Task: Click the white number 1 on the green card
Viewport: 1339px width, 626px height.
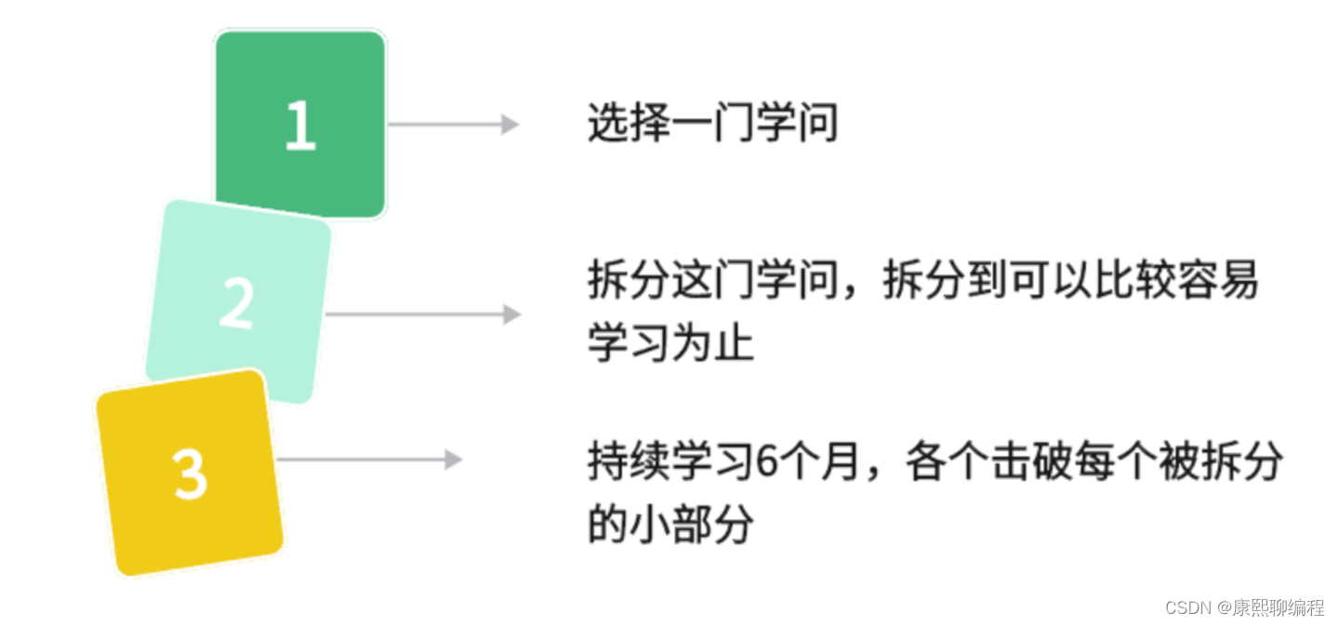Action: (299, 126)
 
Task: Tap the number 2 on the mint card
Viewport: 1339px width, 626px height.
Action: (236, 303)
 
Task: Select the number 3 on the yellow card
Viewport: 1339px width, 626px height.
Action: (190, 473)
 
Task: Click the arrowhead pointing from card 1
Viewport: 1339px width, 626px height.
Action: (510, 124)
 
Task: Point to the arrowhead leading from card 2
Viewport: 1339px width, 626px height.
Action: (511, 314)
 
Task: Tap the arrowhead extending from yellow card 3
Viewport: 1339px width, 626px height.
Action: (454, 460)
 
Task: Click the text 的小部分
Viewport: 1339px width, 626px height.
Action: (670, 525)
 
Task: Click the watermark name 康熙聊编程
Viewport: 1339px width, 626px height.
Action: (1279, 607)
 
